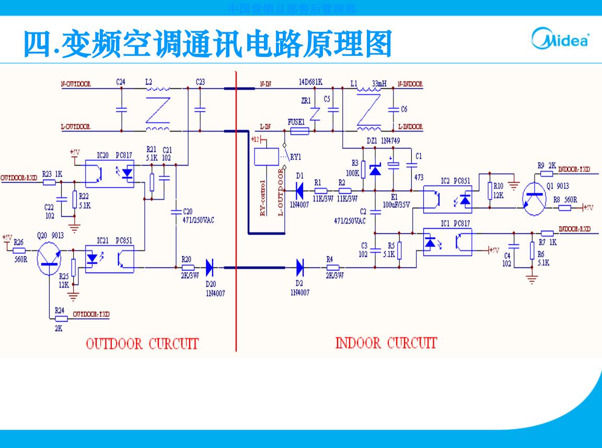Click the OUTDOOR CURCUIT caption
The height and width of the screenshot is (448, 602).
click(142, 344)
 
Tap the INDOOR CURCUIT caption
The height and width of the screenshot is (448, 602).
click(386, 343)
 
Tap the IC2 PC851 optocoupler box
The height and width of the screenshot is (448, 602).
click(447, 199)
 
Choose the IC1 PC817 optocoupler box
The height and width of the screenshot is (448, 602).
click(447, 242)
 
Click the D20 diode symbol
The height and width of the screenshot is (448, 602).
click(210, 267)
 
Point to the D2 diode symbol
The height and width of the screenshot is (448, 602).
click(300, 267)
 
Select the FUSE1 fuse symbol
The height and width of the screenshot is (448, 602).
click(297, 131)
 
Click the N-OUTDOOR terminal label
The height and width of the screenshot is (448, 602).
click(76, 83)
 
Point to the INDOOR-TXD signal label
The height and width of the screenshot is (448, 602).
click(574, 169)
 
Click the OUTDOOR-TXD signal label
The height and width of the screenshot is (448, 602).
click(91, 314)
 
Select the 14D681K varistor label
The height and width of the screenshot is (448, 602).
click(310, 82)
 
